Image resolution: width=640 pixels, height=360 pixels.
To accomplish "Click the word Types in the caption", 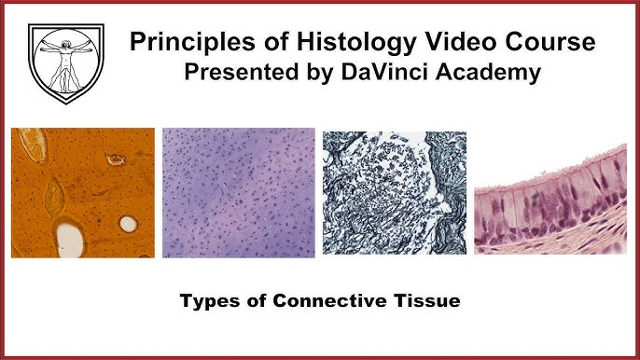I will pos(206,303).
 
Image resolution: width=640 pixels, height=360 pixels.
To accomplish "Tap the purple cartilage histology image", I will pos(238,193).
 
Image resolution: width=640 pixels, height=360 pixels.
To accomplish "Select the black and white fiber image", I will pos(394,193).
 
